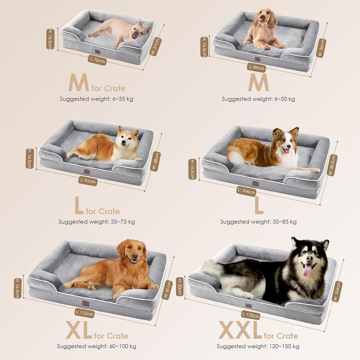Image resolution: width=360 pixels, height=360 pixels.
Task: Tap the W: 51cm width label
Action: click(157, 42)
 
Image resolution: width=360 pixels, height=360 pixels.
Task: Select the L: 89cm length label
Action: click(256, 67)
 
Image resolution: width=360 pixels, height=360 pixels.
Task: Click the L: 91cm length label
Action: click(87, 181)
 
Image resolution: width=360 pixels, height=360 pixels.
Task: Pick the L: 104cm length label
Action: click(246, 191)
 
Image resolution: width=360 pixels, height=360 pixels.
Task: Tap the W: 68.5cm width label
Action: click(333, 165)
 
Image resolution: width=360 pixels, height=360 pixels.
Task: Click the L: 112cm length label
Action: click(85, 314)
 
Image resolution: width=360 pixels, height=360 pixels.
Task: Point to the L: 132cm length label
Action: click(251, 315)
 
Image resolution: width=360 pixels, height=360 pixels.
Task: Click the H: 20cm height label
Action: click(180, 287)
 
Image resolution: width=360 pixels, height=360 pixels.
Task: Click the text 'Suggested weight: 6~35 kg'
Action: click(96, 99)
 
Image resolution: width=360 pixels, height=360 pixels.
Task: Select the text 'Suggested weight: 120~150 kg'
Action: click(258, 346)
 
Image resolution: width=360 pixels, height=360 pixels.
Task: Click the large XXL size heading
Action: click(240, 330)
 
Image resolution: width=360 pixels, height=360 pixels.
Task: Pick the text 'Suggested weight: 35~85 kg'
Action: click(258, 222)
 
